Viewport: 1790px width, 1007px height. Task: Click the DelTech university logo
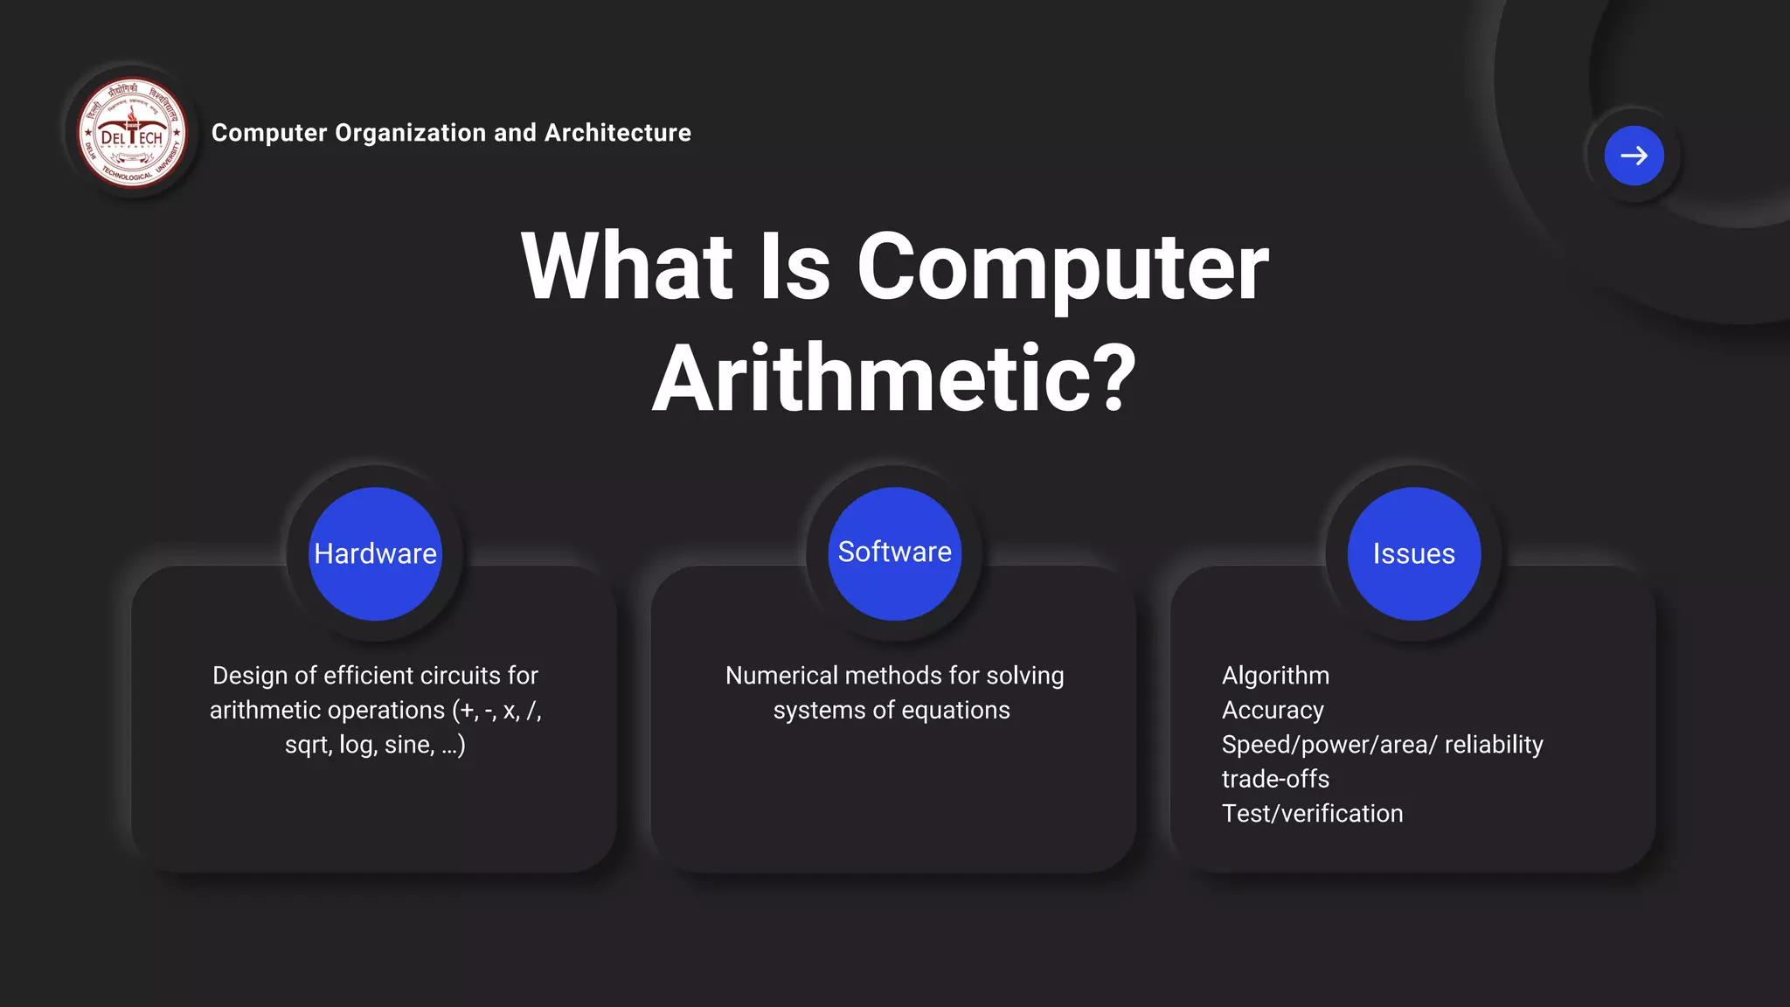[x=132, y=133]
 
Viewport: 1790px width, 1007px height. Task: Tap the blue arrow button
[x=1634, y=156]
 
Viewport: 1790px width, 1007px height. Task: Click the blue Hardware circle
[x=375, y=554]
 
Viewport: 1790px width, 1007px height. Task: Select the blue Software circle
[x=894, y=553]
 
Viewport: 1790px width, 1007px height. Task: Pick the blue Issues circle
[x=1413, y=554]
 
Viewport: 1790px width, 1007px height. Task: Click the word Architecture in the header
[x=617, y=133]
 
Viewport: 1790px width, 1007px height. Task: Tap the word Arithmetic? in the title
[x=894, y=378]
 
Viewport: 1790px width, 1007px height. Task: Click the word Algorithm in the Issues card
[x=1275, y=676]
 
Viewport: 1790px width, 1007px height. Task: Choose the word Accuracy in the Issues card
[x=1273, y=710]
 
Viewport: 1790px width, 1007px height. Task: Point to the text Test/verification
[x=1312, y=814]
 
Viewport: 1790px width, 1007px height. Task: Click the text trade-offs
[x=1275, y=779]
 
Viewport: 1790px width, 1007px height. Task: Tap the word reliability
[x=1494, y=745]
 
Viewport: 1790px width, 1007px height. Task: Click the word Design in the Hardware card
[x=249, y=676]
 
